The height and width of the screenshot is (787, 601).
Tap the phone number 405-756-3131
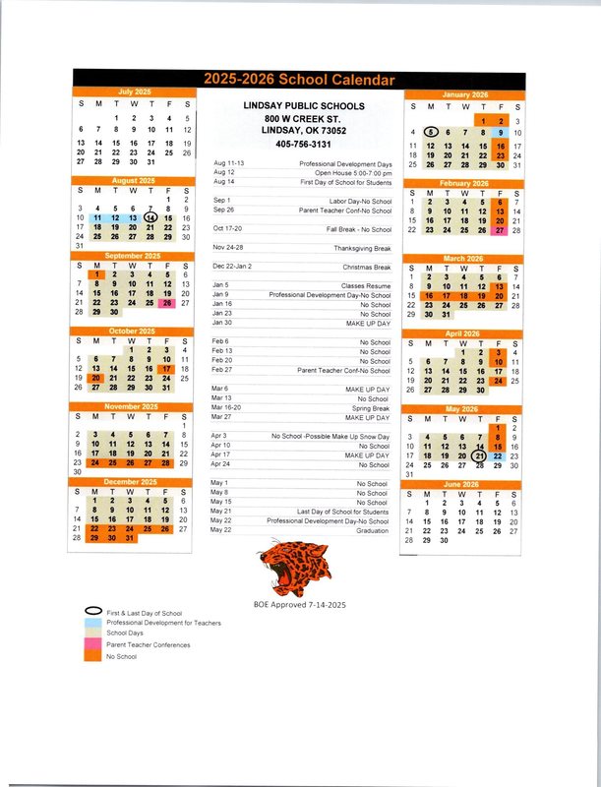click(305, 143)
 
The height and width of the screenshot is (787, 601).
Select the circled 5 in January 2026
click(431, 132)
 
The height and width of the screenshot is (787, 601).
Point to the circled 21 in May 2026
click(479, 454)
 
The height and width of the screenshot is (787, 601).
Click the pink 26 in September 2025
click(168, 303)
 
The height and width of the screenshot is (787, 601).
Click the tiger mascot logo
click(301, 565)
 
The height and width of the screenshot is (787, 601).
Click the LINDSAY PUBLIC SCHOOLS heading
click(305, 106)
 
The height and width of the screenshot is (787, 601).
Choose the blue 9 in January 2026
click(501, 132)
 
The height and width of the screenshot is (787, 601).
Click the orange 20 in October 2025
click(97, 378)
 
